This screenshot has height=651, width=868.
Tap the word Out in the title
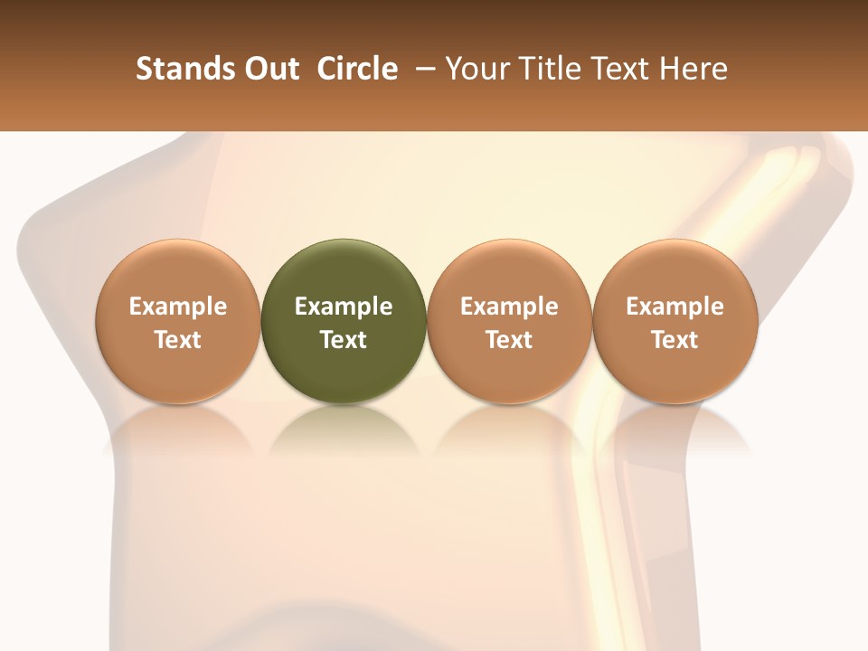(269, 69)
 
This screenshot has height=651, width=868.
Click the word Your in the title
(474, 69)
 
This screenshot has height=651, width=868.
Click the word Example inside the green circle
(344, 307)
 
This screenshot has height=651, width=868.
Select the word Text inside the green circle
(344, 340)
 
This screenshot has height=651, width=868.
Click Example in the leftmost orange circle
(178, 307)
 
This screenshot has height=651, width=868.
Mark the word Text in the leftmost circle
(178, 340)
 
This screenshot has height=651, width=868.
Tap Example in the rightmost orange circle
(675, 307)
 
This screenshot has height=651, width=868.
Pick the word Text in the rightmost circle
(675, 340)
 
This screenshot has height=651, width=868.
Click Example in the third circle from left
(509, 307)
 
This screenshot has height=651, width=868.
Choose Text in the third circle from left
(509, 340)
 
